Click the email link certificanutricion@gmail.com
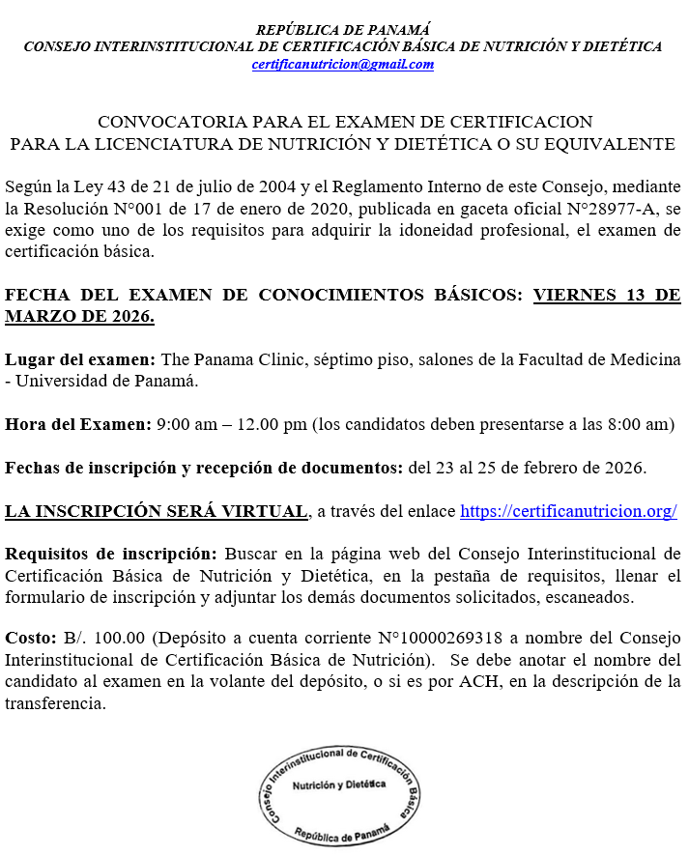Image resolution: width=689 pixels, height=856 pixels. (343, 65)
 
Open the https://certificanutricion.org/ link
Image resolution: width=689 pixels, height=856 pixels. (568, 512)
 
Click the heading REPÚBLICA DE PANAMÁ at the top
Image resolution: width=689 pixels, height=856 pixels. (343, 30)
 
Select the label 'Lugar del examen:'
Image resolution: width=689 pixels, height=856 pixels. (80, 359)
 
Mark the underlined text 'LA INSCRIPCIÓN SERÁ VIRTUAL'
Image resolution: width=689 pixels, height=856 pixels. (156, 512)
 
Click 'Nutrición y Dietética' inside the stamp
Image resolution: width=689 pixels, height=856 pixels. (340, 784)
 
